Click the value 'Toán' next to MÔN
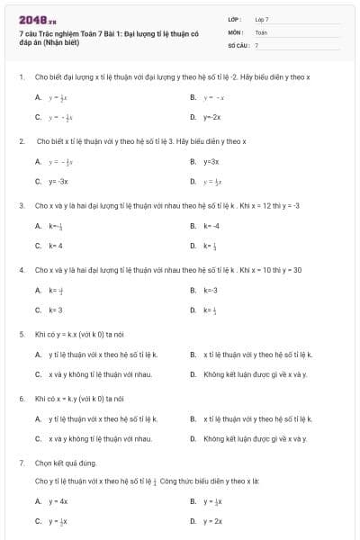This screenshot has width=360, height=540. coord(261,31)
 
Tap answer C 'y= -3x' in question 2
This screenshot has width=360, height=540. coord(58,181)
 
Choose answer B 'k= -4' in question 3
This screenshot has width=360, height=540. coord(211,225)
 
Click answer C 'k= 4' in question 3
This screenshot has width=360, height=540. coord(56,245)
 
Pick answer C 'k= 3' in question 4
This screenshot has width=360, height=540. coord(56,310)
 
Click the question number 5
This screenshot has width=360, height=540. coord(22,333)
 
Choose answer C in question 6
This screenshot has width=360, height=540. coord(99,438)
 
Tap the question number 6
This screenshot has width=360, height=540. coord(22,397)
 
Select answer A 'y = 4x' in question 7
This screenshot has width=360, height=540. coord(58,500)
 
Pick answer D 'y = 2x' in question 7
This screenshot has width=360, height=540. coord(212,521)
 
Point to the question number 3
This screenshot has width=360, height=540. coord(22,205)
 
